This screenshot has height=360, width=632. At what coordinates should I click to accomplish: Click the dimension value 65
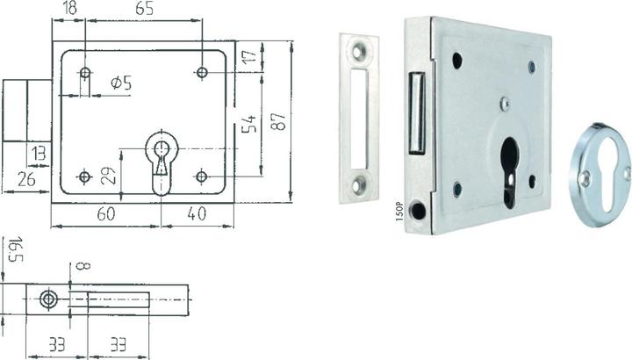click(x=144, y=8)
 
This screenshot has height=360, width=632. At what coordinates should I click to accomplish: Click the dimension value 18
click(x=70, y=8)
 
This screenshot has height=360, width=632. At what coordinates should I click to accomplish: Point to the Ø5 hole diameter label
click(x=121, y=83)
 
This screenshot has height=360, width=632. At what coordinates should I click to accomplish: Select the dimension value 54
click(x=248, y=124)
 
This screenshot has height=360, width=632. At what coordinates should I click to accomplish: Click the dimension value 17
click(x=249, y=54)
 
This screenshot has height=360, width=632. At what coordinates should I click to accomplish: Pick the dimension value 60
click(x=105, y=213)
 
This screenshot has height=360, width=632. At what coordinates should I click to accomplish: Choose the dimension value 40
click(x=197, y=213)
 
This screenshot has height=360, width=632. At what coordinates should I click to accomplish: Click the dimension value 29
click(x=109, y=176)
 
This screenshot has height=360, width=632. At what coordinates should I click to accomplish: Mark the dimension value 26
click(x=26, y=179)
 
